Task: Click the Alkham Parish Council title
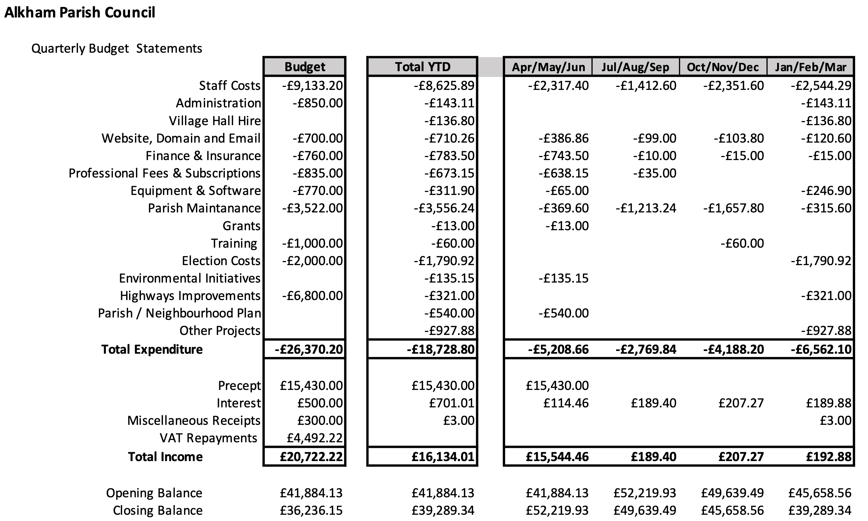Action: [80, 13]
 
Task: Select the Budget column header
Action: [305, 67]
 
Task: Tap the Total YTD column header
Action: [422, 67]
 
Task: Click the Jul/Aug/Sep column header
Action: [635, 67]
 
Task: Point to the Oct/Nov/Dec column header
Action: [723, 67]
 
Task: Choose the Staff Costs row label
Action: [230, 86]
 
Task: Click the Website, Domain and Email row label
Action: [181, 138]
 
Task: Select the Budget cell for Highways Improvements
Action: [312, 296]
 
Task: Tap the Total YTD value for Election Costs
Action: [444, 261]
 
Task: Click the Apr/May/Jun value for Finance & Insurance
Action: [564, 156]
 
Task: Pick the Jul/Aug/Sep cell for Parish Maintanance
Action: [646, 208]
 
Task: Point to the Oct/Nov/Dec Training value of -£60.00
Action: [742, 243]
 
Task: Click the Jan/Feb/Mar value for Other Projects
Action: [826, 331]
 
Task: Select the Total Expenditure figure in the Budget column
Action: [309, 349]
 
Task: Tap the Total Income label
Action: [165, 457]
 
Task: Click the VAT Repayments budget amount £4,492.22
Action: [314, 438]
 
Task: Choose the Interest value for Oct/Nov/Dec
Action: [741, 403]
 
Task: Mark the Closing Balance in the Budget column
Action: [311, 510]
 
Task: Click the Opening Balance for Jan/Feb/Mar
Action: [820, 493]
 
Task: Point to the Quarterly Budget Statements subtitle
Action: [117, 48]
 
